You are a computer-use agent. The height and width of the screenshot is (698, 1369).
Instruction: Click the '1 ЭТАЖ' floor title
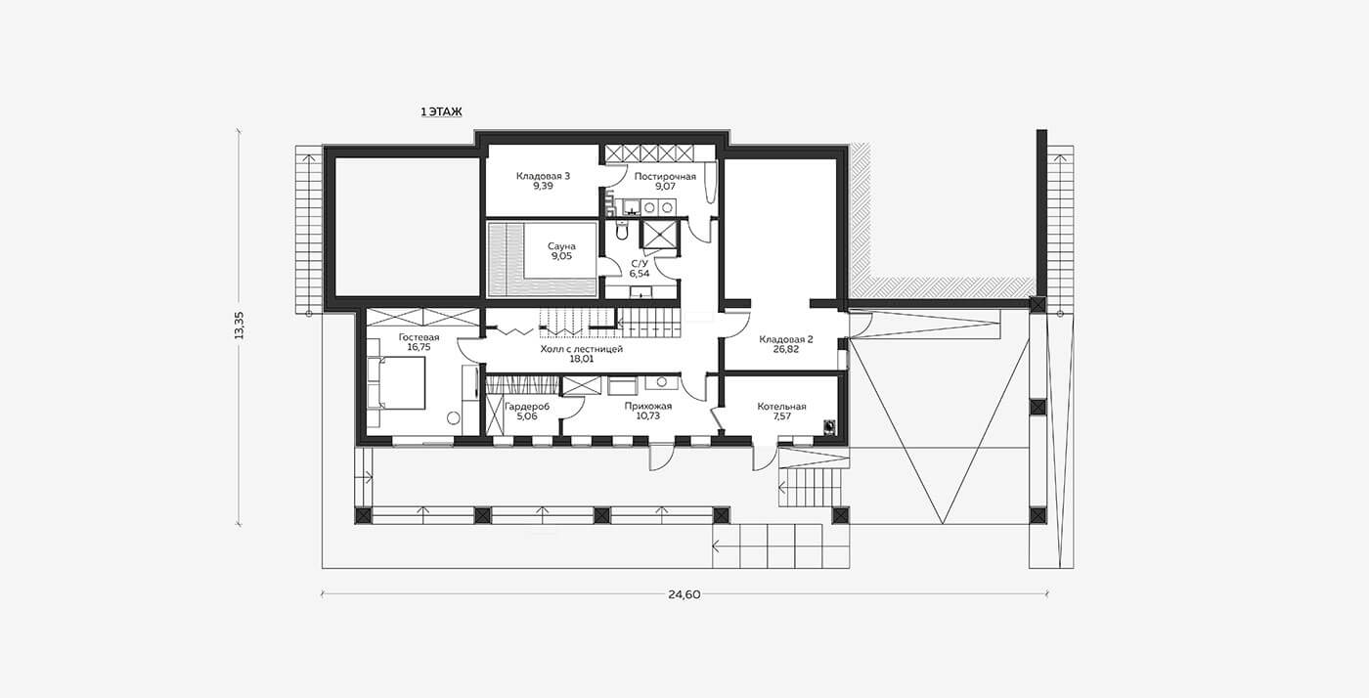pyautogui.click(x=441, y=111)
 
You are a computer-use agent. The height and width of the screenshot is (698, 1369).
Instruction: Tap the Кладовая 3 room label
pyautogui.click(x=543, y=176)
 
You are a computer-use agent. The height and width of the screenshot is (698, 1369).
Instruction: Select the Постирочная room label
pyautogui.click(x=665, y=177)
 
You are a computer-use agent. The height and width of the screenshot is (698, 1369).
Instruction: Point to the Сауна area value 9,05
pyautogui.click(x=561, y=257)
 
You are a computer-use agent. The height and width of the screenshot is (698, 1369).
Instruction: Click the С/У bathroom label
pyautogui.click(x=640, y=263)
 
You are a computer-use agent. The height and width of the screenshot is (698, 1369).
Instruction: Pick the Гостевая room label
pyautogui.click(x=419, y=336)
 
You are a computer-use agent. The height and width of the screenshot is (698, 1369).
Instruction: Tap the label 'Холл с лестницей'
pyautogui.click(x=581, y=349)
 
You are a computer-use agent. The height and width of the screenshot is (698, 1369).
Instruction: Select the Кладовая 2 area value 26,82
pyautogui.click(x=786, y=350)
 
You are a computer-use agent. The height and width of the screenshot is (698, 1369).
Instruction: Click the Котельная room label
pyautogui.click(x=781, y=407)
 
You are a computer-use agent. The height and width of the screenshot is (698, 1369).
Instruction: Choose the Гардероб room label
pyautogui.click(x=527, y=407)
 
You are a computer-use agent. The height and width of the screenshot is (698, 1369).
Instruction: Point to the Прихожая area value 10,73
pyautogui.click(x=647, y=416)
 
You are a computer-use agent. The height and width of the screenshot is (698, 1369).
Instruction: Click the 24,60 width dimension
pyautogui.click(x=684, y=594)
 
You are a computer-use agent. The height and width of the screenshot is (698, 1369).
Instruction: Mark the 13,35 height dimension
pyautogui.click(x=239, y=326)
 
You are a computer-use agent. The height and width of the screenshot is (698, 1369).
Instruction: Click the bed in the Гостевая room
pyautogui.click(x=396, y=382)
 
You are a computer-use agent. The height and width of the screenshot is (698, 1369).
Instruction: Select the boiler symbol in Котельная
pyautogui.click(x=829, y=426)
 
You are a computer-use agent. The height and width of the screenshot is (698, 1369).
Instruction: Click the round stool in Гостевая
pyautogui.click(x=454, y=418)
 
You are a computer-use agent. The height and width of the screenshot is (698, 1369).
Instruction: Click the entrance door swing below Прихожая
pyautogui.click(x=660, y=457)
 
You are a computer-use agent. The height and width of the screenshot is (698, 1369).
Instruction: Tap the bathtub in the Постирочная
pyautogui.click(x=709, y=182)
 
